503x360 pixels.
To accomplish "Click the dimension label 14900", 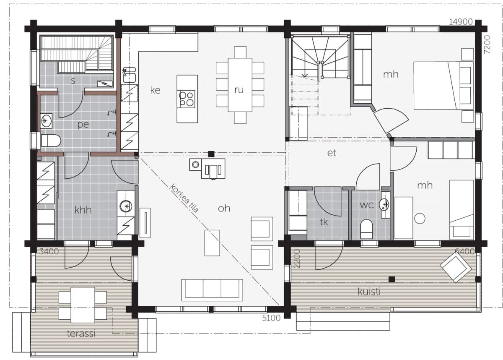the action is (x=461, y=22).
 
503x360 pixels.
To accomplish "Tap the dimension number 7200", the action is (x=487, y=44).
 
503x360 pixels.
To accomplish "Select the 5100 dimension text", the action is (x=271, y=318).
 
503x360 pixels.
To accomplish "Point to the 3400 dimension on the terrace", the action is (x=49, y=251).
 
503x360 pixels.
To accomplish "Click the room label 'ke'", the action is (x=155, y=90).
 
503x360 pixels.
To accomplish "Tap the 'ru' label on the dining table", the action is (x=239, y=90).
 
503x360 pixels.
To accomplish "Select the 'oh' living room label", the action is (x=224, y=208).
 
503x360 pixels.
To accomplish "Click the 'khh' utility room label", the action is (x=83, y=210).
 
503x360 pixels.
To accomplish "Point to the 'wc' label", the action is (x=366, y=205).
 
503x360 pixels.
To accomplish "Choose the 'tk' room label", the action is (x=324, y=222).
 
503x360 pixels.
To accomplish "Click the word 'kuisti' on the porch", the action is (x=369, y=292).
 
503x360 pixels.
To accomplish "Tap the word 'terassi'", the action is (x=81, y=333).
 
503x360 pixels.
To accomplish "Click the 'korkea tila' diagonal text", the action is (x=184, y=198).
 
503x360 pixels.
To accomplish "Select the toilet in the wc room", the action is (x=366, y=229).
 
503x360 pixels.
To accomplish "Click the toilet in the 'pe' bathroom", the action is (x=51, y=141).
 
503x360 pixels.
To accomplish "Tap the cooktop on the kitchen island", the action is (x=187, y=99).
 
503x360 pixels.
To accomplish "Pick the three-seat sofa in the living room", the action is (x=212, y=290).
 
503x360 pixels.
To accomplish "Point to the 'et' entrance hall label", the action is (x=332, y=153).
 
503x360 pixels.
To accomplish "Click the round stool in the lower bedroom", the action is (x=420, y=218).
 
